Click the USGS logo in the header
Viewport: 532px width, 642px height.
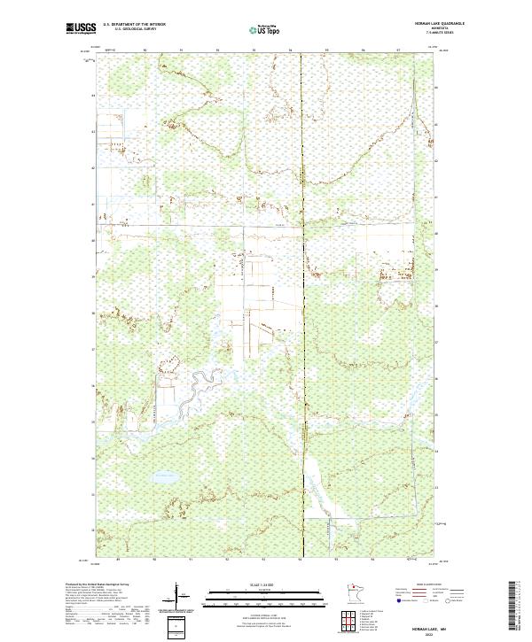pos(81,28)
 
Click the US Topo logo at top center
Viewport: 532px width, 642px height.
pos(265,29)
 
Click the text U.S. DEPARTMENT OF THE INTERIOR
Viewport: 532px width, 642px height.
pos(135,24)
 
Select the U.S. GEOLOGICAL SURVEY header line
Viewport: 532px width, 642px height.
pos(135,29)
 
